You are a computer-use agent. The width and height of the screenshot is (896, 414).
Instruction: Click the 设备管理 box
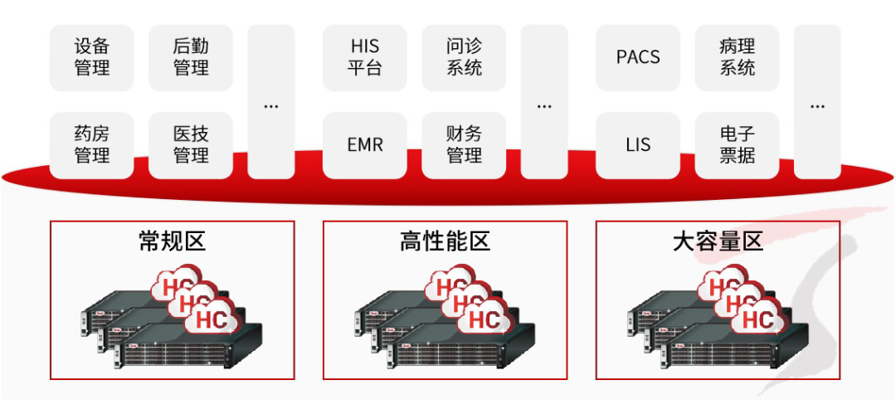click(x=91, y=57)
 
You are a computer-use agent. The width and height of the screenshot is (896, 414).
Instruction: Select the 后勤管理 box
click(x=191, y=57)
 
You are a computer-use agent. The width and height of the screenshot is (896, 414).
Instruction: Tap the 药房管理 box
click(x=91, y=145)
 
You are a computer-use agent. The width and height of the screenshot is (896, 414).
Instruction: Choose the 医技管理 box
click(x=191, y=145)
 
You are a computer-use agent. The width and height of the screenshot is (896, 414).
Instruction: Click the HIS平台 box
click(x=365, y=57)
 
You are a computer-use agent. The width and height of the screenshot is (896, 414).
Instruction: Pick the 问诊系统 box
click(x=464, y=57)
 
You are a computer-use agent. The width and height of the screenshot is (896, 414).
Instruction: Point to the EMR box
click(x=365, y=145)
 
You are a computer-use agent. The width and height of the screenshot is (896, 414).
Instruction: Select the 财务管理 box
click(x=464, y=145)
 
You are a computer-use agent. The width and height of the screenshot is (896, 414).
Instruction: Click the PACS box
click(x=638, y=57)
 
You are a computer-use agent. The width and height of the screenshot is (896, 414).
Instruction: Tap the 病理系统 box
click(x=737, y=57)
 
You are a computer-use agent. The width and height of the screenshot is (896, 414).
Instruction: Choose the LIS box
click(x=638, y=145)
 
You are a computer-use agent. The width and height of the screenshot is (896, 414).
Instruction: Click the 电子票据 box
click(x=737, y=145)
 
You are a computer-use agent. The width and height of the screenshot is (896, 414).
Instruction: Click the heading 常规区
click(x=172, y=242)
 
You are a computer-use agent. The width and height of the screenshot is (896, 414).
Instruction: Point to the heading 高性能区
click(x=445, y=242)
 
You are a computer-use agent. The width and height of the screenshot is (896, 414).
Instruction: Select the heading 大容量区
click(x=718, y=242)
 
